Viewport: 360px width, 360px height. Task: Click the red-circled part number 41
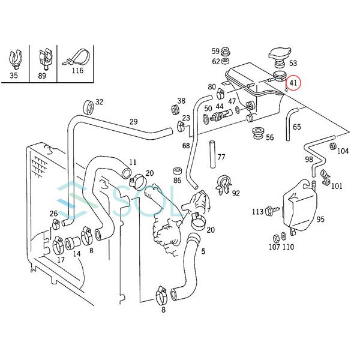tap(293, 82)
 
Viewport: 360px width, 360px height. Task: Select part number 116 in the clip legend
tap(77, 70)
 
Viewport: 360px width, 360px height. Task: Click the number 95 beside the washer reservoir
tap(320, 220)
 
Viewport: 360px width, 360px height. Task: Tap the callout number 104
tap(343, 151)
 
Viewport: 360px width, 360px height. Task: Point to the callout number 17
tap(61, 260)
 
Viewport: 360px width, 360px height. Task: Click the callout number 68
tap(186, 146)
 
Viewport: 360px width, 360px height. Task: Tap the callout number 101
tap(337, 185)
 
